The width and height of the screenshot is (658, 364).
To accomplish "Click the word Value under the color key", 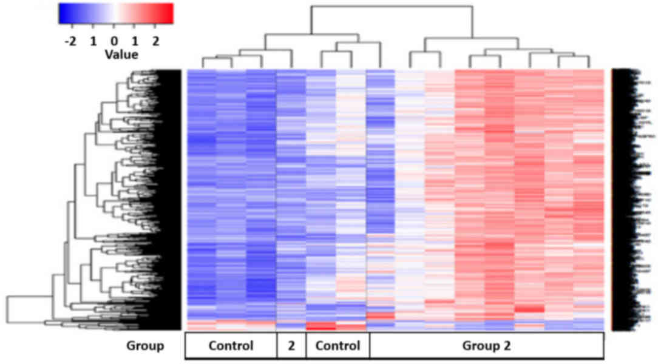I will [121, 55].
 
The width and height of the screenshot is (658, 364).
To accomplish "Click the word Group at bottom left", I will [145, 346].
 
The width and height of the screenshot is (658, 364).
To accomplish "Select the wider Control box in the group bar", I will [230, 346].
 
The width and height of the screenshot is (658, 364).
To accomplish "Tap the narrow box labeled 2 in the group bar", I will [291, 346].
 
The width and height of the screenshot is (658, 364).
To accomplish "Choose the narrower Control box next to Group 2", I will [337, 346].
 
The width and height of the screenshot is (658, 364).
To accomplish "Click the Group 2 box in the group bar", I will [486, 346].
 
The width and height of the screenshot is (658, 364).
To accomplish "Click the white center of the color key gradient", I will [115, 14].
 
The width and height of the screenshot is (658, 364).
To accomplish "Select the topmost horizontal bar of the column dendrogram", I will [392, 6].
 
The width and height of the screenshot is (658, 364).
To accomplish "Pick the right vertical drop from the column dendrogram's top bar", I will [472, 21].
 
